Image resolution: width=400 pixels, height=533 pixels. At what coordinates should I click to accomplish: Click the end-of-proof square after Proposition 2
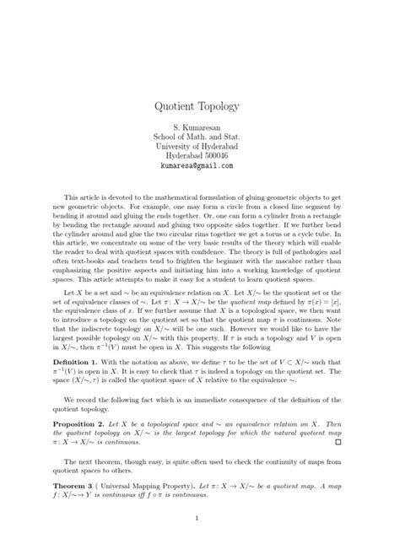(338, 440)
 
